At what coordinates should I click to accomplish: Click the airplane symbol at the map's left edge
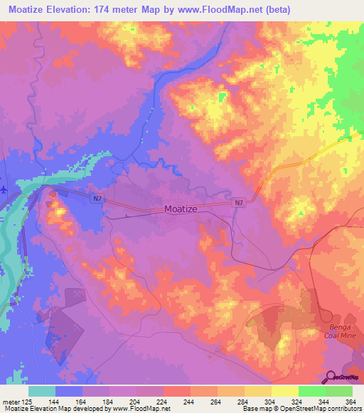point(4,189)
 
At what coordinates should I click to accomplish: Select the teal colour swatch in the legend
point(42,391)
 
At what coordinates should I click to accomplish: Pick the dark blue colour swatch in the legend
point(69,391)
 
